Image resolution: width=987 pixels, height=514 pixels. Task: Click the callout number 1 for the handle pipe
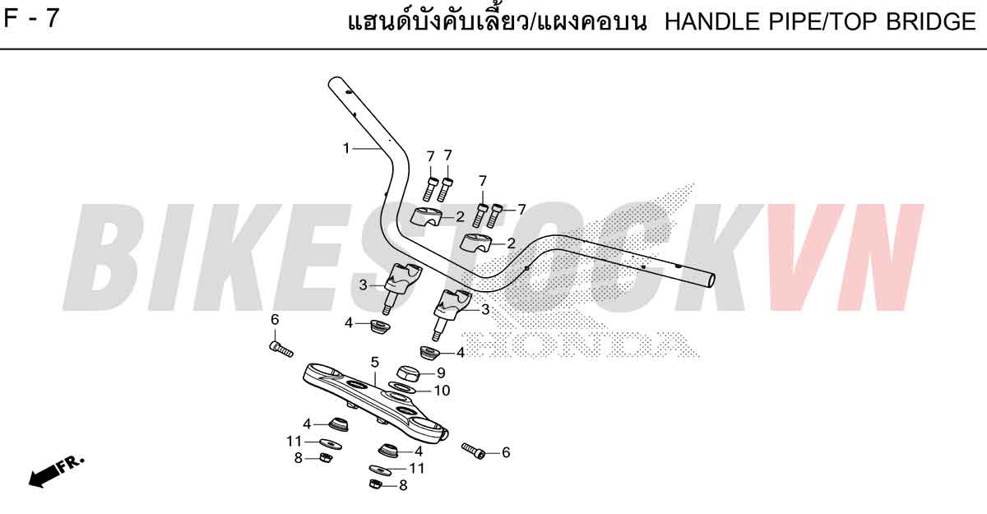[x=346, y=148]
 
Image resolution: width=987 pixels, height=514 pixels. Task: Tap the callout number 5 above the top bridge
[x=374, y=363]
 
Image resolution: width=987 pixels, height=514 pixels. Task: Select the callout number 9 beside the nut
[x=441, y=373]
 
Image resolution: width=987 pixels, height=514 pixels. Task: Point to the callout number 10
[x=442, y=391]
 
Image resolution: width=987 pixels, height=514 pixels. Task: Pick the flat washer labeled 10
[x=401, y=388]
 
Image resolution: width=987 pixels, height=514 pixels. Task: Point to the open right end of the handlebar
[x=711, y=280]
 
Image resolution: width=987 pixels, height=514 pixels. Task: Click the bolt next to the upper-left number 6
[x=281, y=350]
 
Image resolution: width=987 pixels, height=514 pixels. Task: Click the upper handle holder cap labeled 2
[x=427, y=216]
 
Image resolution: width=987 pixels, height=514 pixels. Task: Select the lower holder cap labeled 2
[x=476, y=243]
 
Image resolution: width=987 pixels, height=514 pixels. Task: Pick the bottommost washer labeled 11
[x=381, y=470]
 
